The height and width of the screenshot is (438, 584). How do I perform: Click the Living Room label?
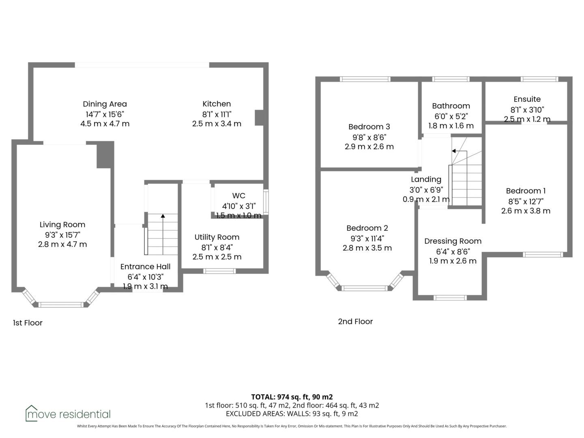click(x=62, y=225)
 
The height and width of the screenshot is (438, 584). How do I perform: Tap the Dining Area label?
click(x=105, y=104)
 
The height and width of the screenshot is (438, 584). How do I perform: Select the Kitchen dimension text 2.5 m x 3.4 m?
click(x=217, y=124)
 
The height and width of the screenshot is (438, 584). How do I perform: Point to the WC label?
click(x=238, y=196)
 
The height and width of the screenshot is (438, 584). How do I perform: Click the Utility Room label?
click(x=217, y=237)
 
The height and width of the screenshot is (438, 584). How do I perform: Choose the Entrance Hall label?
click(x=145, y=267)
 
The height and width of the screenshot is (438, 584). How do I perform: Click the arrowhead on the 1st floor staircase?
click(x=163, y=216)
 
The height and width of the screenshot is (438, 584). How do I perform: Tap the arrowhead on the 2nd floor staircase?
click(x=454, y=151)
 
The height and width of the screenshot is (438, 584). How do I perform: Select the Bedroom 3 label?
click(x=369, y=127)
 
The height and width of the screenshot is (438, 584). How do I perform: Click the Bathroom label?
click(x=451, y=106)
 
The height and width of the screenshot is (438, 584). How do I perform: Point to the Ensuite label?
click(x=527, y=99)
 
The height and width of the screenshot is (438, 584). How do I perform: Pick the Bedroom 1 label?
click(x=526, y=191)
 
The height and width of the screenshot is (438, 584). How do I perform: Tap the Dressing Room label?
click(x=453, y=241)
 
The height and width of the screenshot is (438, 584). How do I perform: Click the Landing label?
click(x=426, y=180)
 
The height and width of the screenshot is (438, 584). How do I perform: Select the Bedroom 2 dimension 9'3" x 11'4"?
click(x=367, y=238)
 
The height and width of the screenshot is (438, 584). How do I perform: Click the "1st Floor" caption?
click(x=28, y=323)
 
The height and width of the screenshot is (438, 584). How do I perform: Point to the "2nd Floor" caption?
click(x=355, y=322)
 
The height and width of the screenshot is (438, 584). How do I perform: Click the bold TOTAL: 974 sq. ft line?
click(x=292, y=397)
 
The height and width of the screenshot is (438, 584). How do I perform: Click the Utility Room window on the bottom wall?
click(x=219, y=271)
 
